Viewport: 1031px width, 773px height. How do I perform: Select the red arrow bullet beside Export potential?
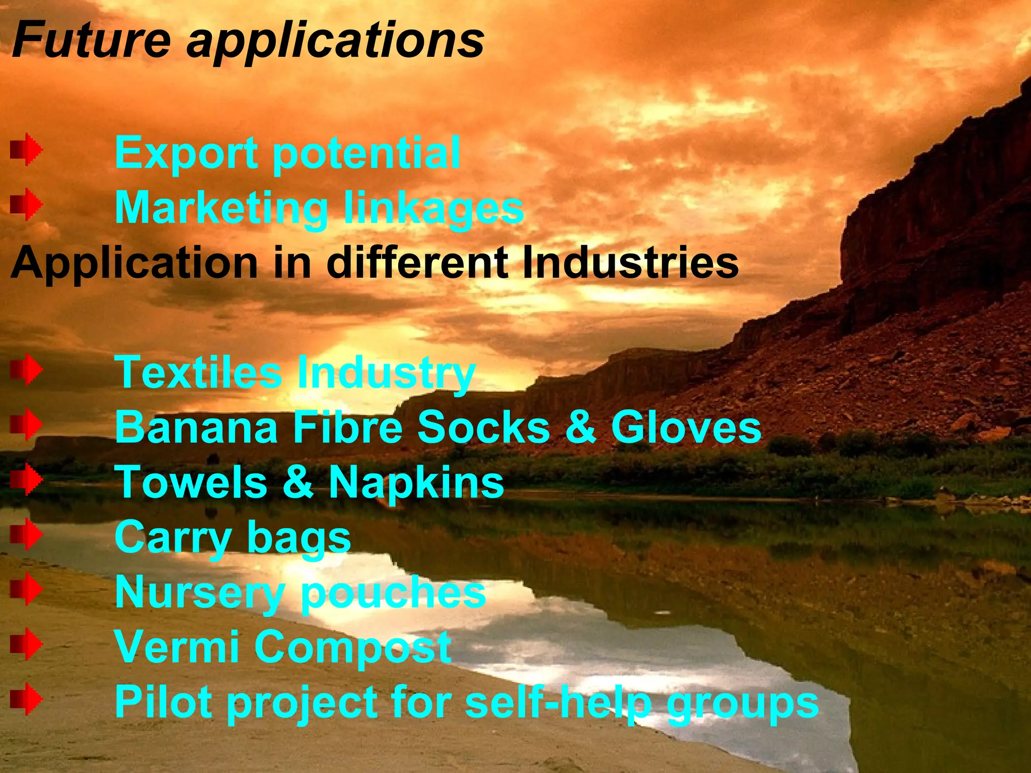coord(26,149)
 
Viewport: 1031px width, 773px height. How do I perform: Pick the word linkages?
coord(433,209)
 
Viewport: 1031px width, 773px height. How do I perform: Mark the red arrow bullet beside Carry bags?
coord(26,534)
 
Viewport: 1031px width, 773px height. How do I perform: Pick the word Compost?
coord(353,648)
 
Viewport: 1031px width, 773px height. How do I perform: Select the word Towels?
coord(191,482)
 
